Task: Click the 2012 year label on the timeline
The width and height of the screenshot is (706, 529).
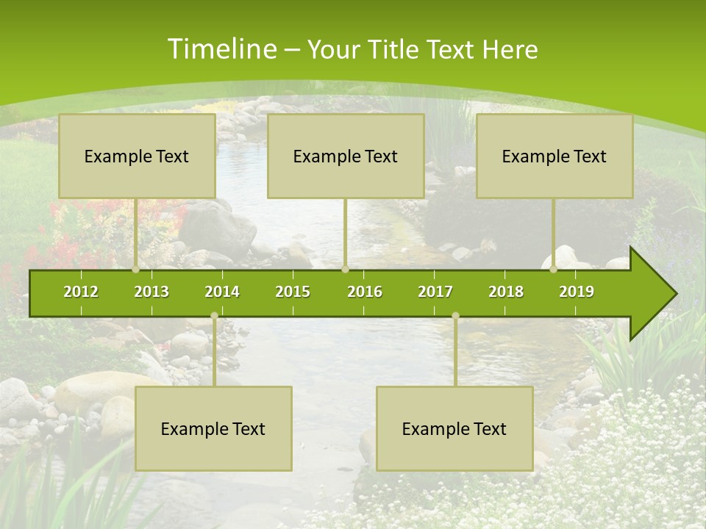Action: pos(81,292)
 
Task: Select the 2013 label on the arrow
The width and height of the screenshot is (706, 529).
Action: pos(151,292)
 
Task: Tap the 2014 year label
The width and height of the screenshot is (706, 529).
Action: pos(222,292)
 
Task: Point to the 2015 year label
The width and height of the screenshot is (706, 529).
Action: pos(293,292)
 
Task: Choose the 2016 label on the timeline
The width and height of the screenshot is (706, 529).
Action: pos(365,292)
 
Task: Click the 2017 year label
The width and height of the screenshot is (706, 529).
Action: pos(435,292)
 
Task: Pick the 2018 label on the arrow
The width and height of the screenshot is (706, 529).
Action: pos(506,292)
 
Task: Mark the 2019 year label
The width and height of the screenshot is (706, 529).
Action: pos(577,292)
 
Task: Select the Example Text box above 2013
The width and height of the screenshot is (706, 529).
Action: pos(137,156)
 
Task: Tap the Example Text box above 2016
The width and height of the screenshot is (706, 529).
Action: pos(346,156)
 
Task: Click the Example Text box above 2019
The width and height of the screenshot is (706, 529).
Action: pos(555,156)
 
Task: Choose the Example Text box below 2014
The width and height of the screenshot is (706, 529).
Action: pos(213,429)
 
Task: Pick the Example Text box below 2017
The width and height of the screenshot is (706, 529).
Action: pos(454,429)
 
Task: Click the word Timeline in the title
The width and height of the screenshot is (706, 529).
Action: pos(221,49)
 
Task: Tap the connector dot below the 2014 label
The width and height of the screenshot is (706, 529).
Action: pos(214,316)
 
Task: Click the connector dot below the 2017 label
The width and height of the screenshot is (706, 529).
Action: pos(455,316)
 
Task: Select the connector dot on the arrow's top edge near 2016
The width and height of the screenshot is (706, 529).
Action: pos(345,270)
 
